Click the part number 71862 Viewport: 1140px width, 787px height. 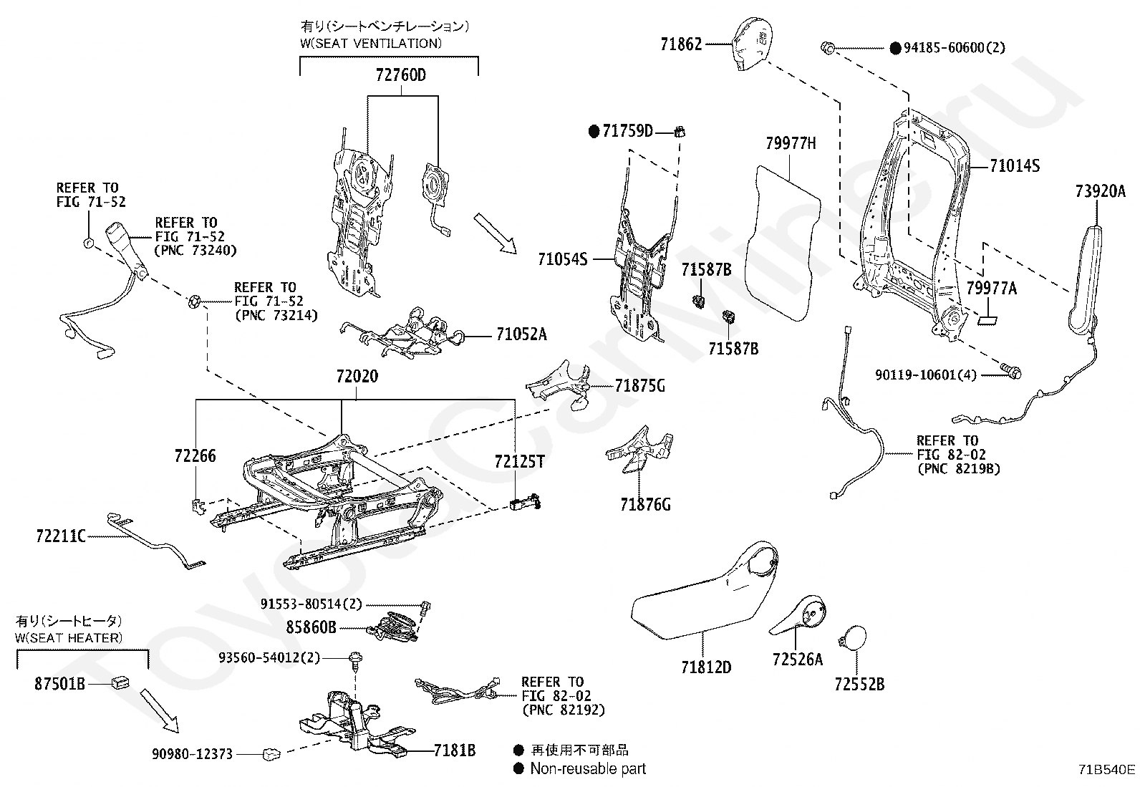[680, 44]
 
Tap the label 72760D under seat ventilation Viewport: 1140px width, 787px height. [400, 74]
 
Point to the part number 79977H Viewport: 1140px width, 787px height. [790, 143]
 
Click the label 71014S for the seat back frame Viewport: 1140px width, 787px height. [1014, 166]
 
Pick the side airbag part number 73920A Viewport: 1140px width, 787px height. [1100, 191]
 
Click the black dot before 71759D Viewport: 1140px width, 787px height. [594, 131]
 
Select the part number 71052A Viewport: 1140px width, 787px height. [521, 334]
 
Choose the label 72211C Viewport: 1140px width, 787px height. [61, 535]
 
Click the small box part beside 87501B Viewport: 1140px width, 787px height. [120, 682]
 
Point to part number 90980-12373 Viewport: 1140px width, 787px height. [192, 754]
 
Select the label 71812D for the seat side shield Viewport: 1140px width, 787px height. [705, 667]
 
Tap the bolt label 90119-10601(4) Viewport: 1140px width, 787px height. [925, 375]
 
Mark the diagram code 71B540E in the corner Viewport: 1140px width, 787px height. [1106, 770]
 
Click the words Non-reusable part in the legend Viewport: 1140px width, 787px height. [588, 769]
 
